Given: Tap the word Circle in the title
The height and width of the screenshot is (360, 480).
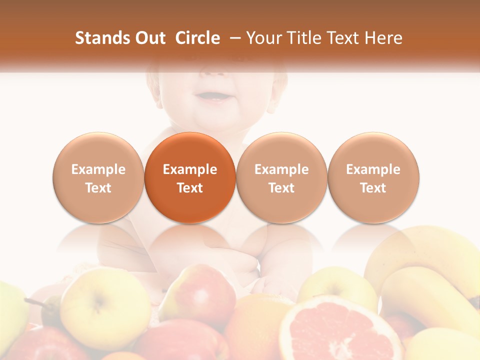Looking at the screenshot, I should [197, 38].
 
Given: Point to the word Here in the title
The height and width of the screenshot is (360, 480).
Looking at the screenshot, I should [384, 38].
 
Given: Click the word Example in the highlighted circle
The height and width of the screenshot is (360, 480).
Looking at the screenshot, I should [190, 169].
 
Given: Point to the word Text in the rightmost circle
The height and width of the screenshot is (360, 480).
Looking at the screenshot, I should [373, 188].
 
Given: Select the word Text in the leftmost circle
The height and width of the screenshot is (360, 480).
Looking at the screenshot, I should [98, 188].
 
